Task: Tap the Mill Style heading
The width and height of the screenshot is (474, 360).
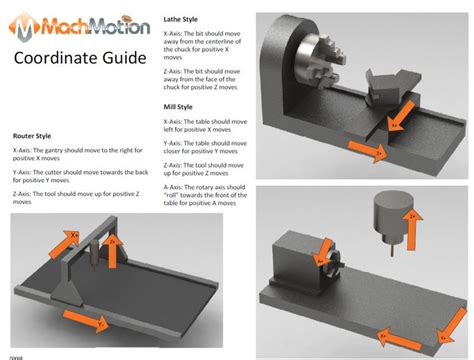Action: (183, 105)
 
